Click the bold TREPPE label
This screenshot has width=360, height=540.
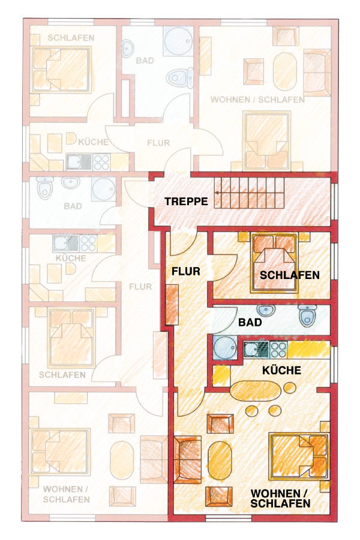click(x=186, y=201)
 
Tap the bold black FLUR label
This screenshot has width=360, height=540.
click(x=186, y=271)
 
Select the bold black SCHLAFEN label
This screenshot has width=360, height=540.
click(x=290, y=275)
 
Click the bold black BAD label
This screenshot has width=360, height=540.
click(x=250, y=323)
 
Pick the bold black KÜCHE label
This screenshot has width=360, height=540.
click(x=282, y=370)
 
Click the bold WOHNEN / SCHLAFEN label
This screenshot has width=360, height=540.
click(x=280, y=499)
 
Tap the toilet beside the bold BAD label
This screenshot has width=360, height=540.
click(x=307, y=316)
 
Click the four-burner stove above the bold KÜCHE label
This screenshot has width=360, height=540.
click(x=278, y=350)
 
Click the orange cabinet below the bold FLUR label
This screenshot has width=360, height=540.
click(x=172, y=305)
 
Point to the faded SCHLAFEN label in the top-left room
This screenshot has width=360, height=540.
click(x=71, y=38)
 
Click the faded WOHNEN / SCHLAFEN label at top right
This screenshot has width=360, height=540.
click(x=257, y=100)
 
